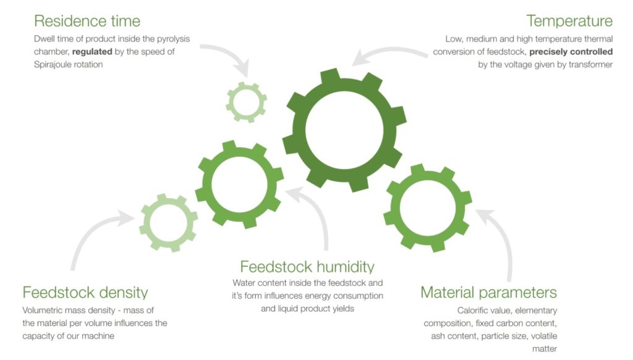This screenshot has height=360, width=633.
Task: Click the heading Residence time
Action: coord(87,21)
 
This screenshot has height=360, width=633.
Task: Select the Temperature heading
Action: coord(569,21)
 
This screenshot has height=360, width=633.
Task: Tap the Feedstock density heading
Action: coord(85,293)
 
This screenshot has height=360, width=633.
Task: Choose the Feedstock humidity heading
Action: coord(307,267)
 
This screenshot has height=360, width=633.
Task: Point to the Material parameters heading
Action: coord(488,293)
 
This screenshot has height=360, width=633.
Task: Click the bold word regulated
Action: coord(92,52)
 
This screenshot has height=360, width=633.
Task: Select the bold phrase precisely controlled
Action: coord(571,52)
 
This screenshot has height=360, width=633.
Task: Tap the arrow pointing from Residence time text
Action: coord(234,52)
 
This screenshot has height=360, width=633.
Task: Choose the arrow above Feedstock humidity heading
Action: coord(319,210)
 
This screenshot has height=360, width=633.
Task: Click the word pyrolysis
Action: coord(174,39)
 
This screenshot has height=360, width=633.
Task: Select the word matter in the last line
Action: coord(545,349)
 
